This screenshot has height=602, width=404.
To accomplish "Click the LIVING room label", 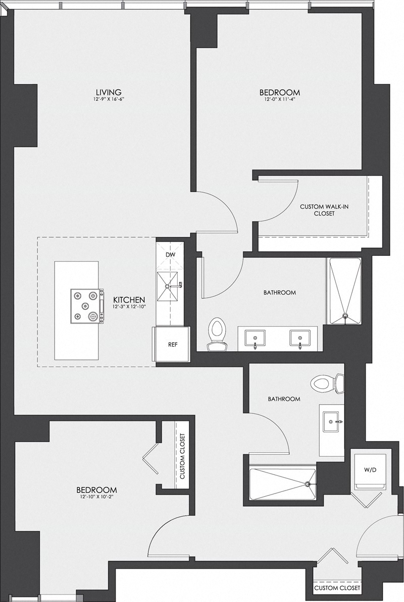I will tap(109, 92).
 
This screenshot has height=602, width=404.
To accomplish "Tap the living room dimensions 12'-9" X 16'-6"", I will tap(109, 100).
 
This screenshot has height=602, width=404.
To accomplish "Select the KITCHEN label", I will tap(129, 299).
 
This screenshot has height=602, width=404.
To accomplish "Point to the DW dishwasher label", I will tap(170, 254).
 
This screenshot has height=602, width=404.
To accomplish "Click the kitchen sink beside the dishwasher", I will tap(169, 286).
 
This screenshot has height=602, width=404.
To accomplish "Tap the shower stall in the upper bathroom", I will tap(345, 292).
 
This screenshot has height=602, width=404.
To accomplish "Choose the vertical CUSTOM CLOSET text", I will tap(182, 456).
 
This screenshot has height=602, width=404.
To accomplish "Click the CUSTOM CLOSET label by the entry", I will tap(337, 588).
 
